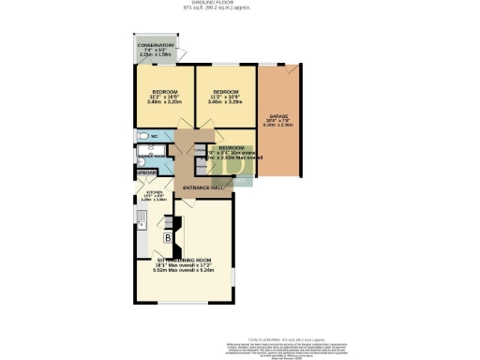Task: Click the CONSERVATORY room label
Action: [156, 45]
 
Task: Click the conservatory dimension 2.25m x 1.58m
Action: [157, 55]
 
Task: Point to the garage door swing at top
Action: [292, 70]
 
